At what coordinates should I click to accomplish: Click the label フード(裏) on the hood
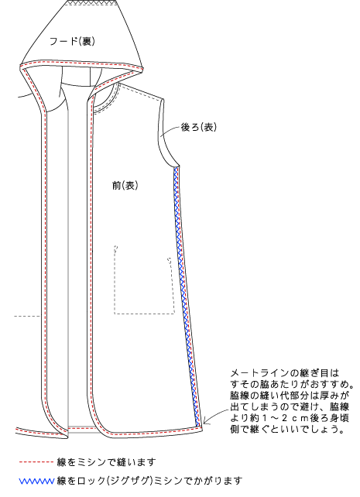click(72, 41)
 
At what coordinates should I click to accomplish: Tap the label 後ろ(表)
click(199, 127)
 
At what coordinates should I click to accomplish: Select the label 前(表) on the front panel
click(125, 186)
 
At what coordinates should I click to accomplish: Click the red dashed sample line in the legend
click(36, 462)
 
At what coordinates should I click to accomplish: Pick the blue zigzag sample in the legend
click(36, 482)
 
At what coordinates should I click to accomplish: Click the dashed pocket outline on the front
click(144, 314)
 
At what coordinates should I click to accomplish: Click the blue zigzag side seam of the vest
click(186, 296)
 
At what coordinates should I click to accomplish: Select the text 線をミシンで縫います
click(106, 462)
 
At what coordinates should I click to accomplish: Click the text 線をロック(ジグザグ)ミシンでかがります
click(149, 482)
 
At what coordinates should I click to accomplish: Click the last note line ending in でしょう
click(287, 430)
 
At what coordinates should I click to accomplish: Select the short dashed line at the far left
click(28, 316)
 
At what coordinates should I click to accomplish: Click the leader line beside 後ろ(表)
click(170, 131)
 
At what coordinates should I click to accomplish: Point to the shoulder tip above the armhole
click(163, 99)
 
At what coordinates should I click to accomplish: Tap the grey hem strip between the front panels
click(82, 429)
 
